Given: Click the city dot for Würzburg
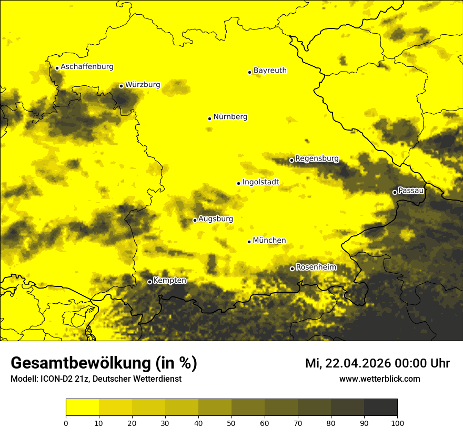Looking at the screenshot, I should point(121,86).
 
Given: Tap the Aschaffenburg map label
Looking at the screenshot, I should point(87,67).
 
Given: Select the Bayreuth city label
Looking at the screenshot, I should point(270,70).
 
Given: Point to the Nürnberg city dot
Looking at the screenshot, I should point(209,118).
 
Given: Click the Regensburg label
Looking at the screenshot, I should point(317,158).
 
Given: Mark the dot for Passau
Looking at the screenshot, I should point(395,192).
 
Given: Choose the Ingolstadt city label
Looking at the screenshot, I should point(260,182).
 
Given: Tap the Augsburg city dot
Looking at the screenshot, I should point(195,220).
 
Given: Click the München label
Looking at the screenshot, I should point(269,241).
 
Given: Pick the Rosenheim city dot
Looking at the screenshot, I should point(292,269).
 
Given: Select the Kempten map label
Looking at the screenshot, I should point(169,281).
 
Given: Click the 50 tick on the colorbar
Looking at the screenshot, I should point(231,422).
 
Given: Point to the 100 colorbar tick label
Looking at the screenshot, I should point(397,422).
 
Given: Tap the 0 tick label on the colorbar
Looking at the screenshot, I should point(66,422).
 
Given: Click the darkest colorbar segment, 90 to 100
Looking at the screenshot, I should point(380,408).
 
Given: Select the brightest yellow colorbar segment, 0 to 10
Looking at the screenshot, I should point(82,408).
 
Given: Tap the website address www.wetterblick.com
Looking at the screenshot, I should point(380,379).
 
